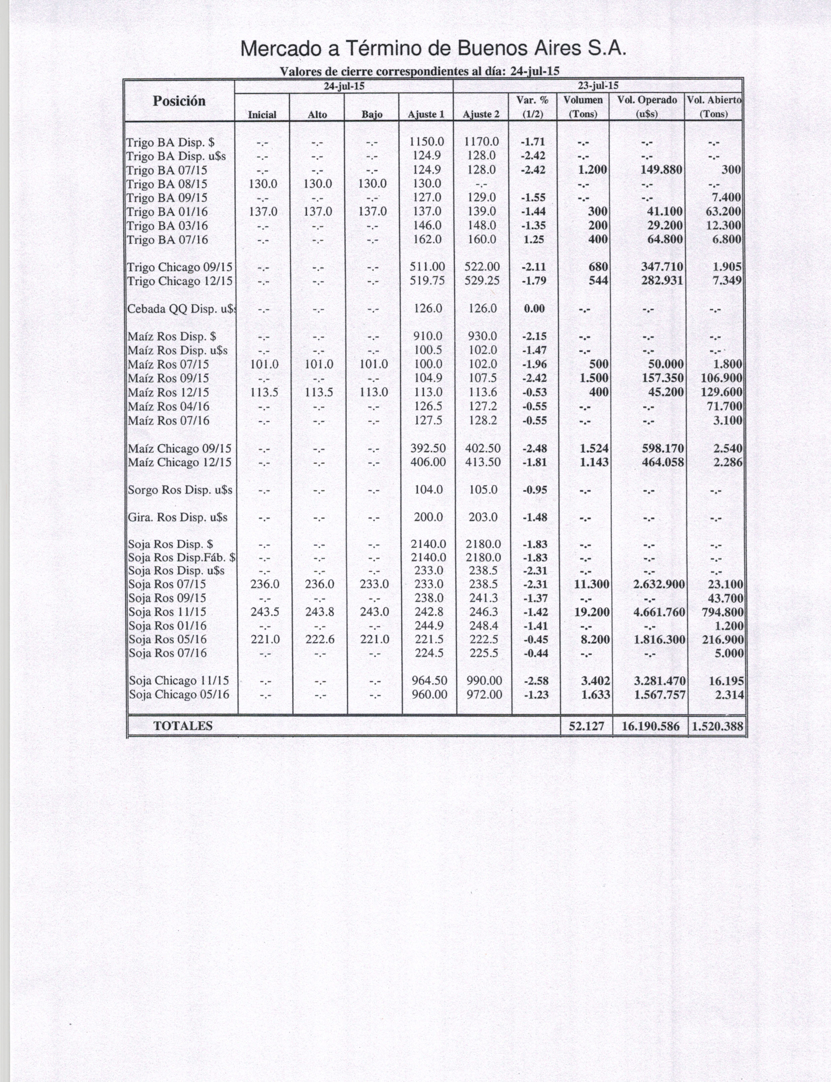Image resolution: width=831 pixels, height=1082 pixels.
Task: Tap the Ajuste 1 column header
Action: coord(426,115)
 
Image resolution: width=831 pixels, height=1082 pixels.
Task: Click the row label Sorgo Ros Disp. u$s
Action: coord(180,490)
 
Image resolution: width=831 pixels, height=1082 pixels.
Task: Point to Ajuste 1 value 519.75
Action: coord(427,281)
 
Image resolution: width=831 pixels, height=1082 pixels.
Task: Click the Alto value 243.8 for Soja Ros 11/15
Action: coord(319,612)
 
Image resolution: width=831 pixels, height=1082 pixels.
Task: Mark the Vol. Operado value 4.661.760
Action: coord(659,612)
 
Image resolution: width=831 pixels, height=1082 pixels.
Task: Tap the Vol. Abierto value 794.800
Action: coord(723,612)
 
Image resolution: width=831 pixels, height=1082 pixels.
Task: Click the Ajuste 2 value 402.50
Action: coord(483,449)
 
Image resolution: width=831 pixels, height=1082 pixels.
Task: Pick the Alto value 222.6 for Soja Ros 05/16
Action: coord(319,639)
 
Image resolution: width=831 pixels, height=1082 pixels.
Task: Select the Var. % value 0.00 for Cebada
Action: coord(534,309)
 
